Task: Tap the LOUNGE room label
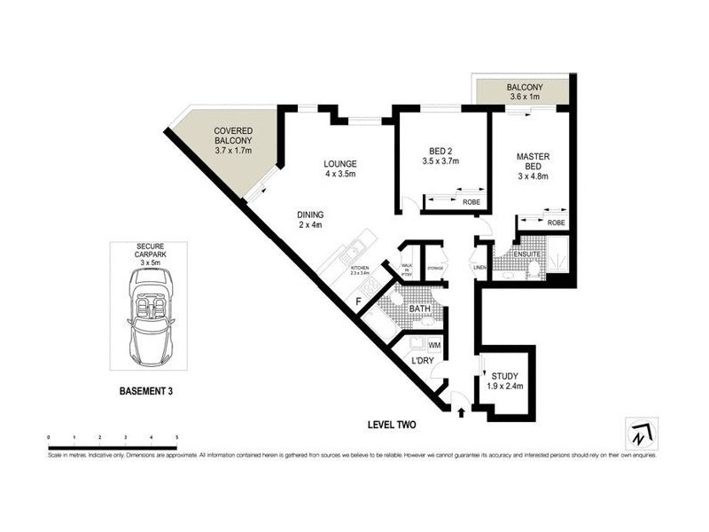pos(339,163)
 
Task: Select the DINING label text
pos(310,214)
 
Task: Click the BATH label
pos(420,309)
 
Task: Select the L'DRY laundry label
pos(421,362)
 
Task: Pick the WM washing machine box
pos(434,343)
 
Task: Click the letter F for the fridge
pos(359,301)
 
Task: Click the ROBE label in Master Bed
pos(556,223)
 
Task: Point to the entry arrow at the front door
pos(462,411)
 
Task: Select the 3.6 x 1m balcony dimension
pos(524,98)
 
